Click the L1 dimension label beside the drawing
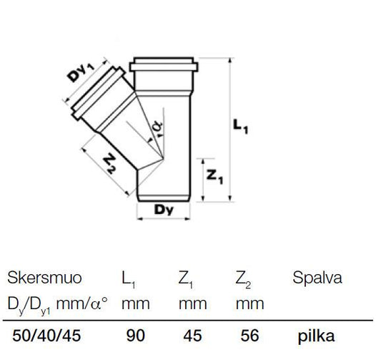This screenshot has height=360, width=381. [x=241, y=127]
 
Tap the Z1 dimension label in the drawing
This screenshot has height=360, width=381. [x=214, y=177]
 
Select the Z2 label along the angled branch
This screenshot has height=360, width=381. [x=109, y=163]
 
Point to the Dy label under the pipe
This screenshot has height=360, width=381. [x=164, y=210]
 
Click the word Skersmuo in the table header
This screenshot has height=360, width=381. [x=44, y=278]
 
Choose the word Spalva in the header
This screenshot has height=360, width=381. [x=317, y=278]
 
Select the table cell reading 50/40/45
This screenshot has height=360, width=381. [x=46, y=336]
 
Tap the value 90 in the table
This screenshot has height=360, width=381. [x=136, y=336]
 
